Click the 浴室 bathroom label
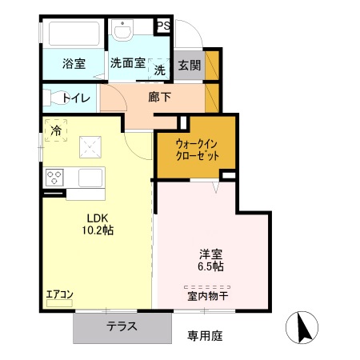click(x=74, y=64)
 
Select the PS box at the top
click(x=163, y=26)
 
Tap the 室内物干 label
click(x=206, y=295)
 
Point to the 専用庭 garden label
click(x=206, y=335)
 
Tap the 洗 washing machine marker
click(x=159, y=70)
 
